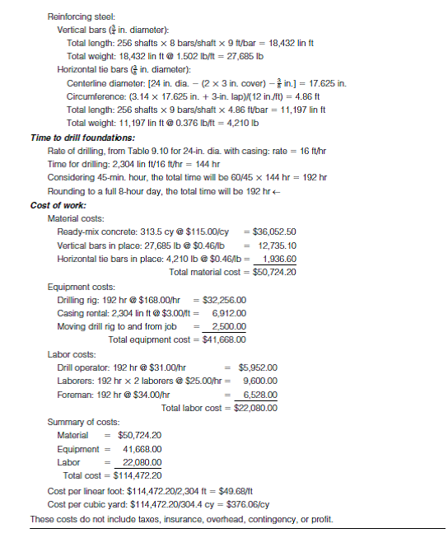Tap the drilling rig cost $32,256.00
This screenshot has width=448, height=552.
pos(222,300)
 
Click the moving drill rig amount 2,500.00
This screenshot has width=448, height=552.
pos(228,326)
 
